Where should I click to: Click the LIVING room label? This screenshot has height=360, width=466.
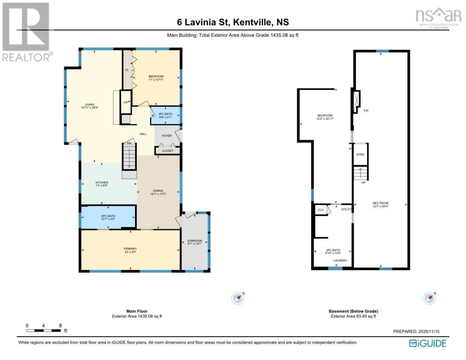(x=90, y=105)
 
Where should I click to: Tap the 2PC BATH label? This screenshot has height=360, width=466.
(x=165, y=114)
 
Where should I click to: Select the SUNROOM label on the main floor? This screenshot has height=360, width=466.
(x=194, y=241)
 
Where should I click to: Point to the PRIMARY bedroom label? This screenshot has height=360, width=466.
(x=130, y=249)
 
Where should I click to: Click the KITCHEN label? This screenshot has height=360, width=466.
(x=102, y=182)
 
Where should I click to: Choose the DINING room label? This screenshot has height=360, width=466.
(x=158, y=191)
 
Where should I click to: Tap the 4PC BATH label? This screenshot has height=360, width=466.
(x=108, y=216)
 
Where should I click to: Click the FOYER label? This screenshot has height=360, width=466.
(x=167, y=136)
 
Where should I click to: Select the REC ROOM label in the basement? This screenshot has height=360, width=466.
(x=380, y=203)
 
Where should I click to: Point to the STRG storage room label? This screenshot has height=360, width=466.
(x=360, y=154)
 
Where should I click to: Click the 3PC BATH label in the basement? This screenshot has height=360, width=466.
(x=333, y=250)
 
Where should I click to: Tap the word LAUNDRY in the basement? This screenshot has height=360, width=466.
(x=340, y=260)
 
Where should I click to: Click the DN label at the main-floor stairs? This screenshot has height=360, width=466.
(x=129, y=143)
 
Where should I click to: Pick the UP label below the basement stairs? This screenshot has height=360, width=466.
(x=363, y=183)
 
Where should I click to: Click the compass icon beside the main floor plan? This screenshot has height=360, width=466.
(x=238, y=298)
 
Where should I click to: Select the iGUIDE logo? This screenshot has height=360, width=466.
(x=428, y=343)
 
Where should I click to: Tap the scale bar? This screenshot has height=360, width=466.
(x=43, y=330)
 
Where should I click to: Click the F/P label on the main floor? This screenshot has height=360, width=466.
(x=126, y=103)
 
